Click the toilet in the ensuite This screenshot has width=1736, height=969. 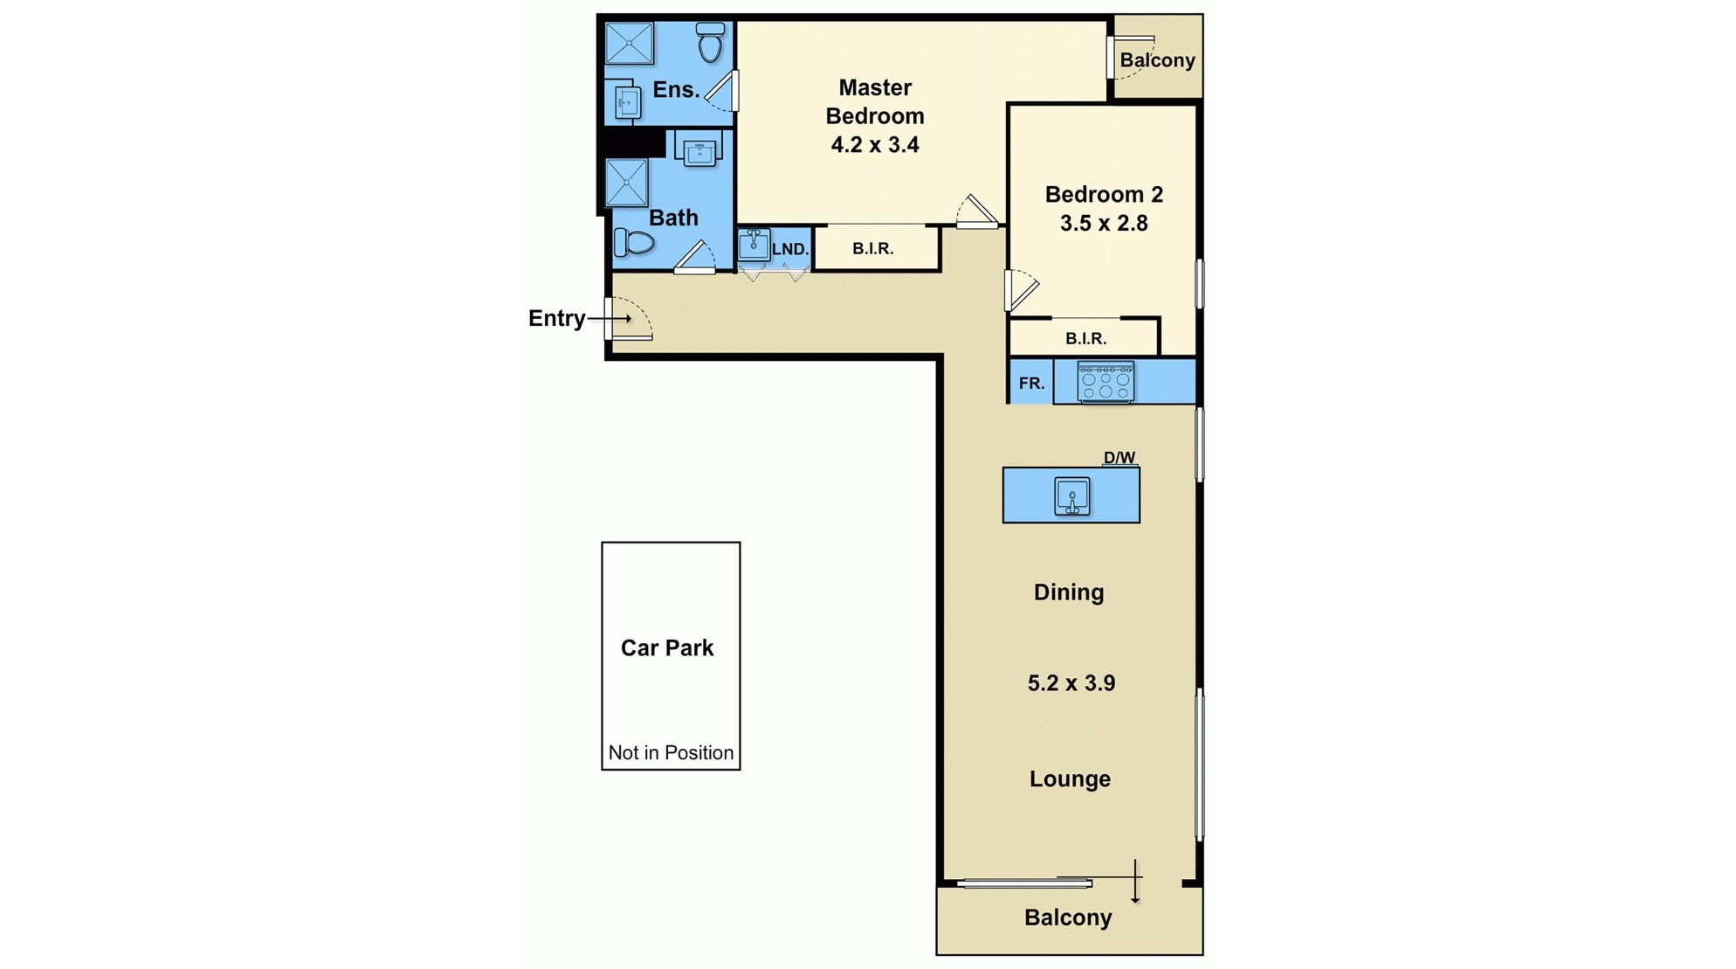click(710, 42)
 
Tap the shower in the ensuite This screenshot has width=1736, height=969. click(629, 43)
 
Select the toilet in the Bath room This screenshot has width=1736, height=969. click(634, 241)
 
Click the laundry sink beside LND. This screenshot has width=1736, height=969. click(753, 245)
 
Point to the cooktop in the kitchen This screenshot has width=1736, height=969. click(1106, 382)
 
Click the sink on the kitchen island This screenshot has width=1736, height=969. click(1071, 496)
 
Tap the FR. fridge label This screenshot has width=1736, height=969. click(1031, 383)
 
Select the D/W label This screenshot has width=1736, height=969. click(1119, 457)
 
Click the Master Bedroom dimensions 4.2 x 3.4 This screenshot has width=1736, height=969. click(874, 145)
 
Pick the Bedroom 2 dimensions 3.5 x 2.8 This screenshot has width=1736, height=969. click(1104, 224)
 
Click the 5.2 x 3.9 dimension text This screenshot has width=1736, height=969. click(1071, 683)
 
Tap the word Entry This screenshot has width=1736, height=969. click(556, 318)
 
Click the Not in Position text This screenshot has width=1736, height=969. click(671, 752)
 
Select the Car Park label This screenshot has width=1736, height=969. click(667, 647)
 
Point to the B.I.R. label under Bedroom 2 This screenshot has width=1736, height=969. click(1085, 338)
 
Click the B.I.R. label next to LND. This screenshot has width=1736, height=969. click(872, 248)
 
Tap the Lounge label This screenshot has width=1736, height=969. click(1070, 779)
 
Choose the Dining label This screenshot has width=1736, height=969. click(1069, 592)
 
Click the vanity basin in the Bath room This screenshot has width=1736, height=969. click(699, 154)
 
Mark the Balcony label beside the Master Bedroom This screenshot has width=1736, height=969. click(1157, 60)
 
